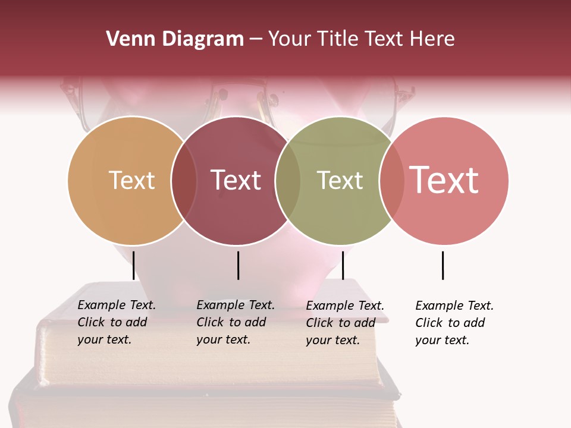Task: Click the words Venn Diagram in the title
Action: point(175,39)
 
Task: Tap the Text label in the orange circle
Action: point(131,180)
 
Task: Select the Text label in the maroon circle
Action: point(236,180)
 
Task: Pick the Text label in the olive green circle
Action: point(340,180)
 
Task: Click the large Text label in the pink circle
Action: point(444,180)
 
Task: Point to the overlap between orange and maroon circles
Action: point(184,181)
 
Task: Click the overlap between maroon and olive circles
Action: point(288,181)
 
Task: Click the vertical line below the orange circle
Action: point(133,265)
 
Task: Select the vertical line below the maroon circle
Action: point(238,265)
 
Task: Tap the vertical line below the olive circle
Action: point(343,265)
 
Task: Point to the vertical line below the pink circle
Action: point(443,265)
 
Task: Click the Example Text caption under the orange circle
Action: point(117,305)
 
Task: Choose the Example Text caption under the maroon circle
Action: point(236,305)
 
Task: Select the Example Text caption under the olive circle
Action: point(345,306)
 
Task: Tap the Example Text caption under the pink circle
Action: point(454,306)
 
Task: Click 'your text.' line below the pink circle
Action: point(442,340)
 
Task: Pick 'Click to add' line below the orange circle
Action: point(112,322)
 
